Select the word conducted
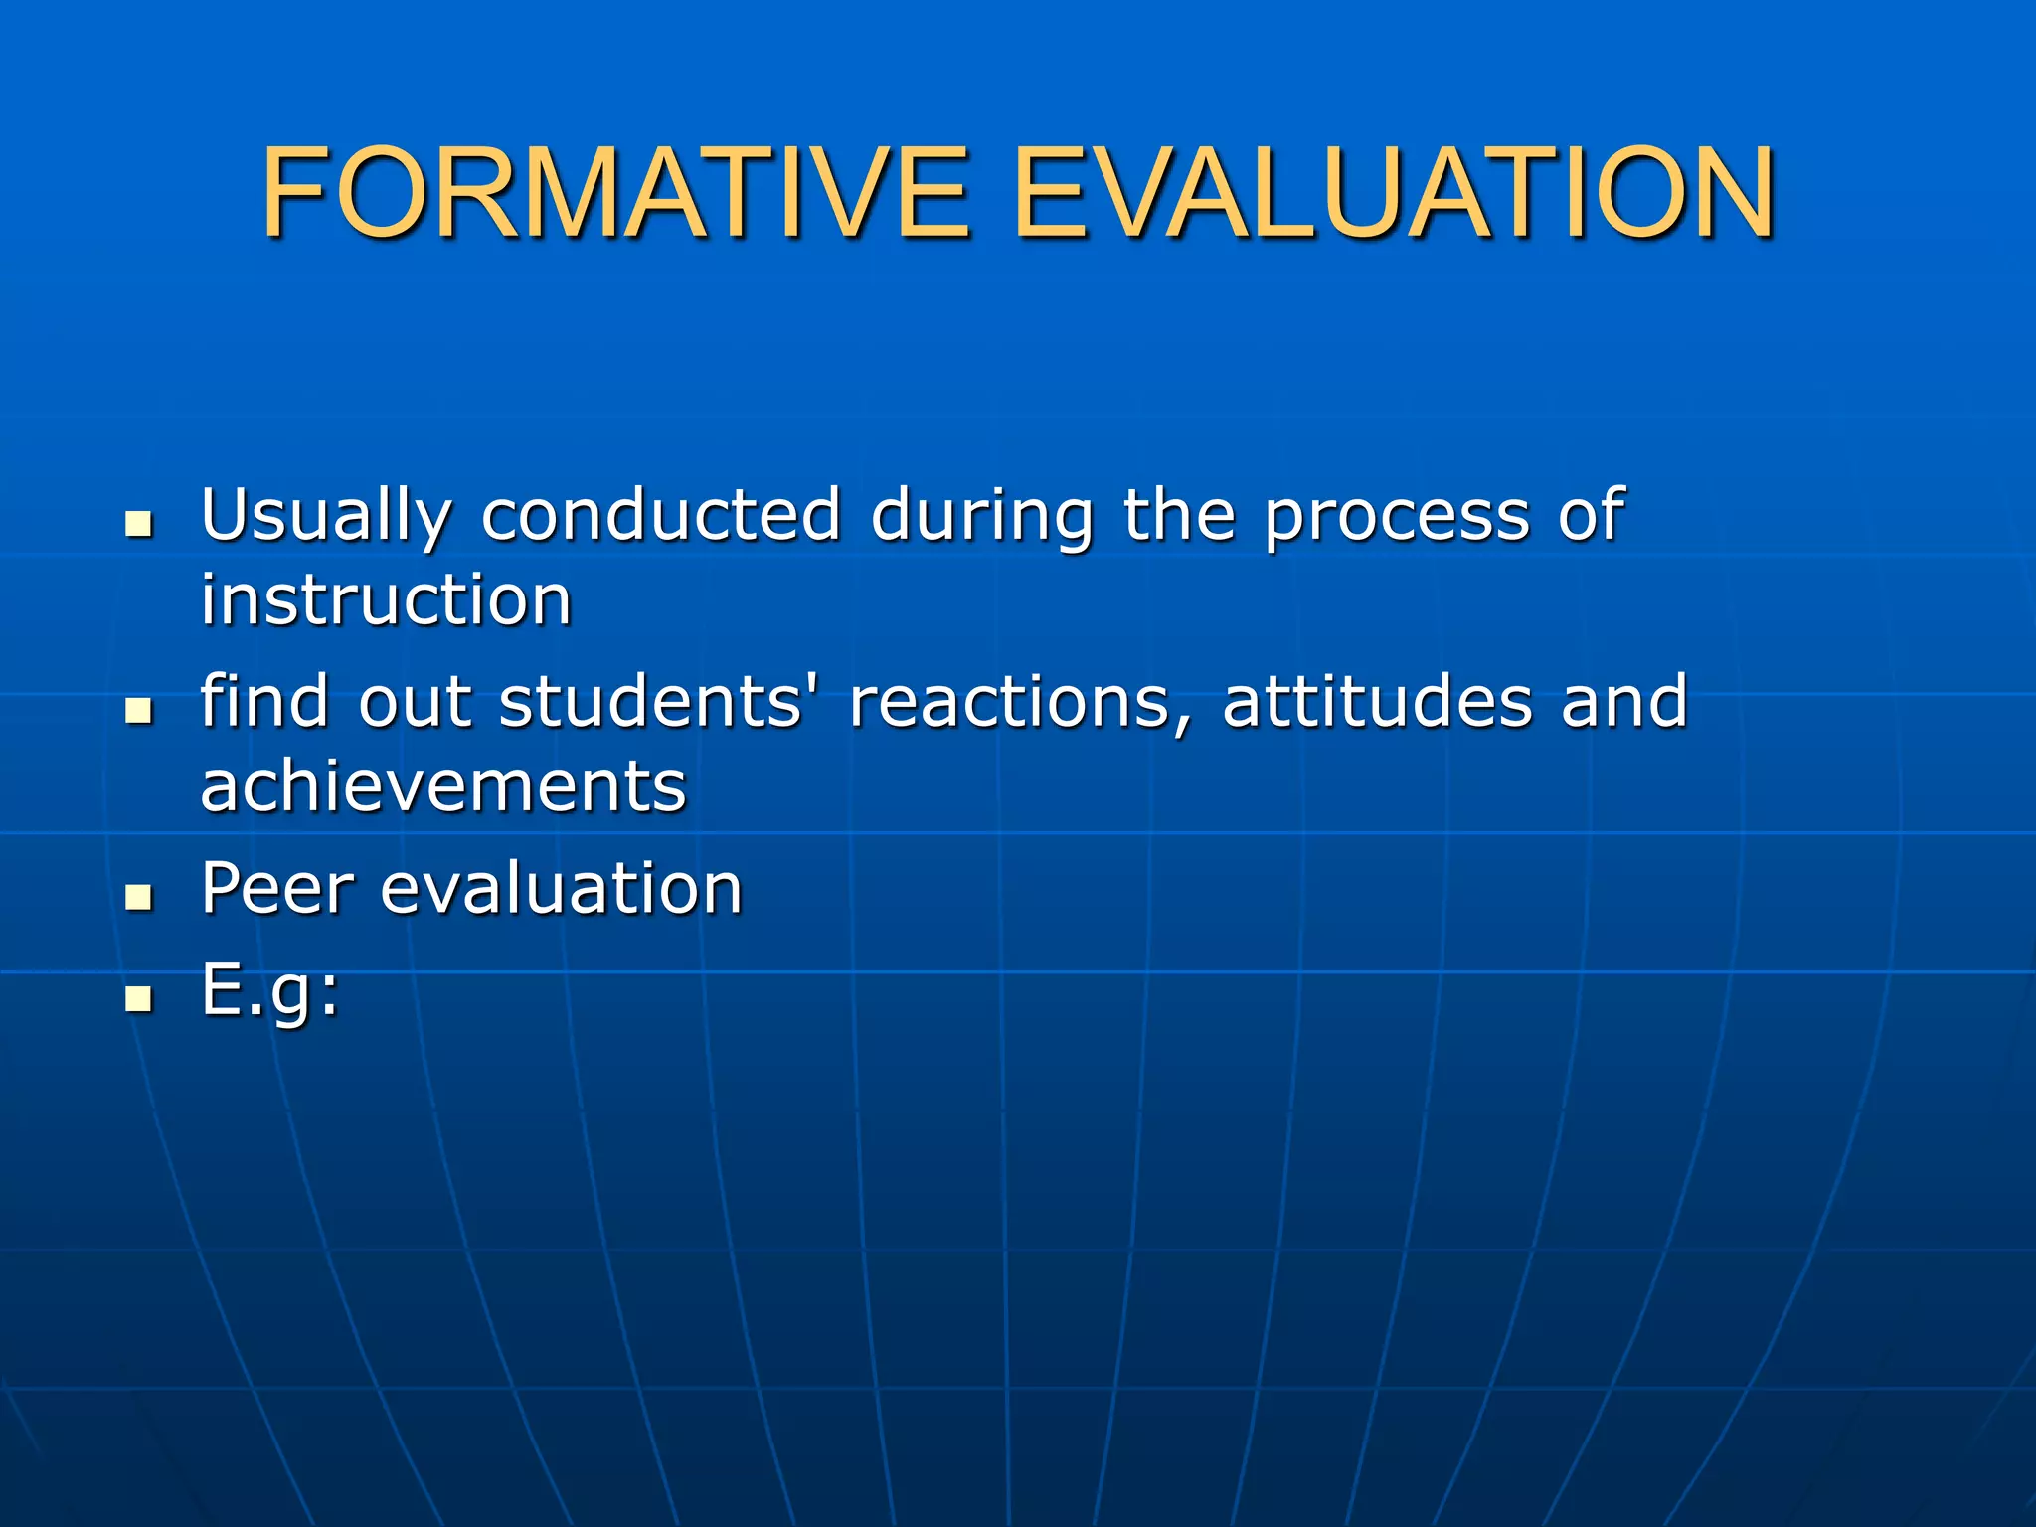[661, 515]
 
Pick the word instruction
[386, 600]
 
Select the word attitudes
[1377, 702]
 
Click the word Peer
[277, 888]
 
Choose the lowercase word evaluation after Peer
[562, 888]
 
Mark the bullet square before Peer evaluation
[140, 897]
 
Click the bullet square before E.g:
[140, 998]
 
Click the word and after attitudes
[1623, 702]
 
